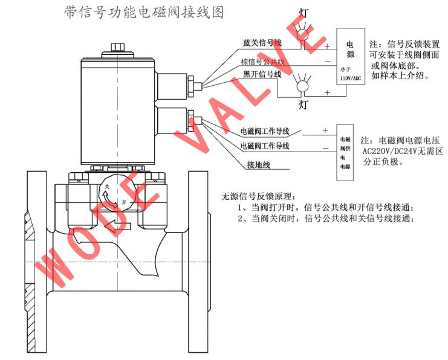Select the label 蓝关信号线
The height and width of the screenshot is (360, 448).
(262, 42)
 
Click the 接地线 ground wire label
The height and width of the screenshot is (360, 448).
(258, 164)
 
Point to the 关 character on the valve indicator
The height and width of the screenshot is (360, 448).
(108, 187)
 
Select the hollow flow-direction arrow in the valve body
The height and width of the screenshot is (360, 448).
(117, 227)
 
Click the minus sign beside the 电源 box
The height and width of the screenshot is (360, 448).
(326, 62)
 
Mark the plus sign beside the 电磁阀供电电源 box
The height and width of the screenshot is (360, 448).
(325, 130)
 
